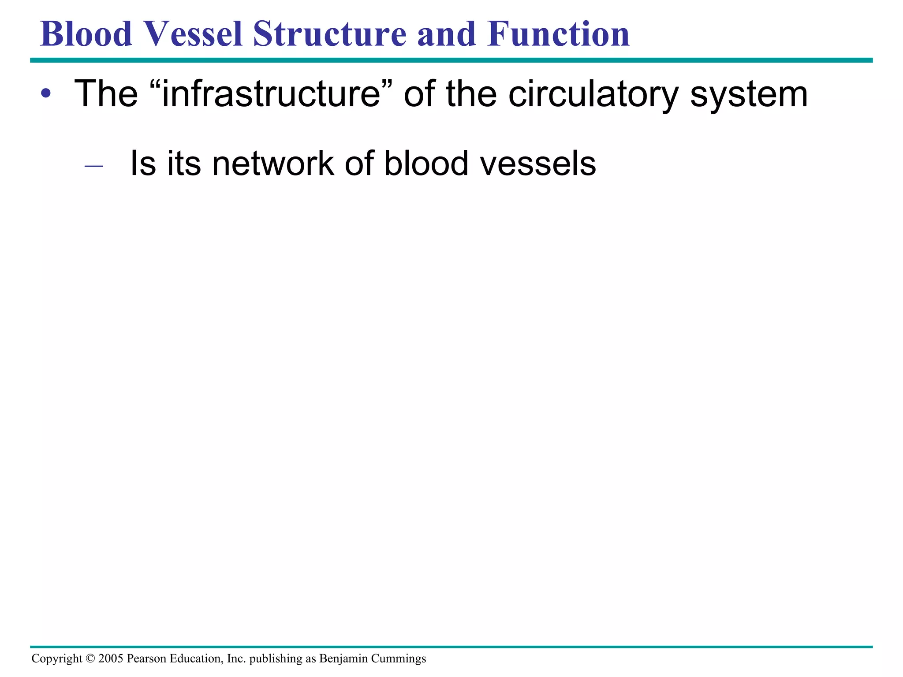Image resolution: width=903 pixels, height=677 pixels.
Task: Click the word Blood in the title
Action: coord(86,34)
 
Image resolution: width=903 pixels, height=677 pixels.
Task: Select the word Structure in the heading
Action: coord(329,34)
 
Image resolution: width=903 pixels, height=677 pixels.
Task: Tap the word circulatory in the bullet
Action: coord(593,94)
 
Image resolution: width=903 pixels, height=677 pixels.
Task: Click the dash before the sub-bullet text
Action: coord(93,166)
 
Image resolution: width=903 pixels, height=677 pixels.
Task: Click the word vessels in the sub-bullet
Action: coord(537,164)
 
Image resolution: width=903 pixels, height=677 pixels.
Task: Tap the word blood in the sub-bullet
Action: coord(426,164)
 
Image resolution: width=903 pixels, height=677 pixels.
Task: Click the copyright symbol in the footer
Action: coord(90,658)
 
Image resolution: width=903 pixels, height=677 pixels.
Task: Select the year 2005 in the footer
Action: coord(111,658)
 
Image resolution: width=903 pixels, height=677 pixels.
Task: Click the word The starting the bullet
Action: coord(106,94)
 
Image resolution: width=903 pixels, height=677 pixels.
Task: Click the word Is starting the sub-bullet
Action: coord(143,164)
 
